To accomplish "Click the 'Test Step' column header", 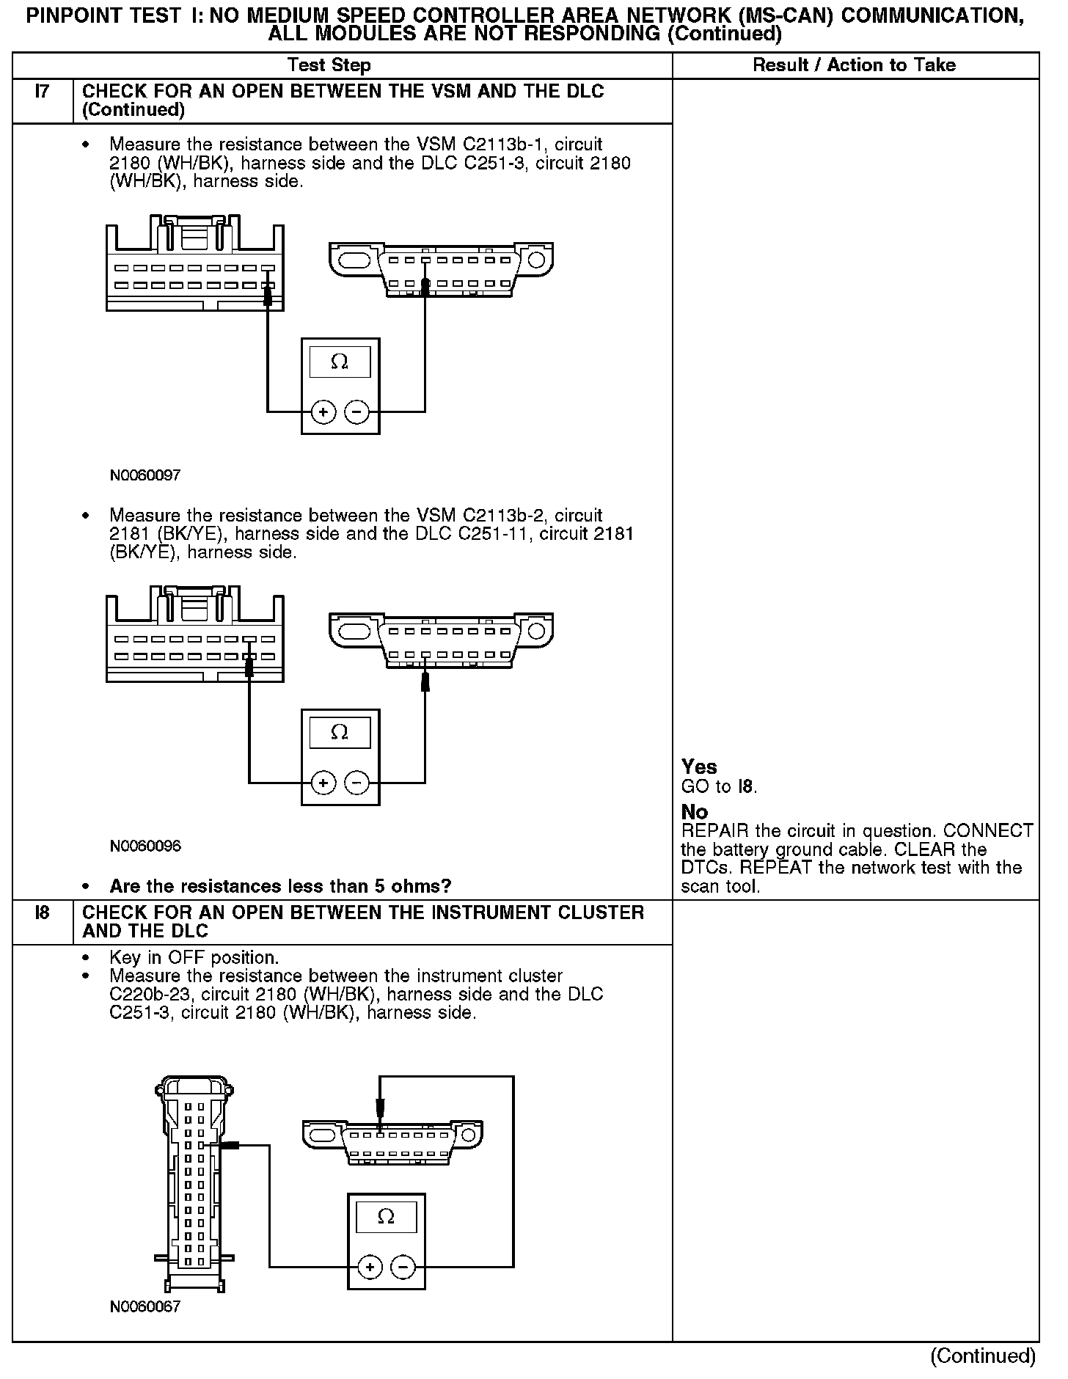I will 329,65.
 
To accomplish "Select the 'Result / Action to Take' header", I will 855,65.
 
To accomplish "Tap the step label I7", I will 43,92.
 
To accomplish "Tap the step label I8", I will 43,913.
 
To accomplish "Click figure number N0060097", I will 145,475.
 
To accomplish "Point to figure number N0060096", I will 145,846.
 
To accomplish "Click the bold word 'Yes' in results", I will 699,767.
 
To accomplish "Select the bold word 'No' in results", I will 695,812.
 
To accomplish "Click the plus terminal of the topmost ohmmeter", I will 323,412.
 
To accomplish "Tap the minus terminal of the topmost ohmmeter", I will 356,412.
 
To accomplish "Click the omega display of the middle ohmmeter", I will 340,733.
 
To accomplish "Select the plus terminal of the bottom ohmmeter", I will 370,1267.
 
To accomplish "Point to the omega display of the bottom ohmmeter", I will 386,1217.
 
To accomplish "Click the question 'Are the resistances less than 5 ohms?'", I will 280,886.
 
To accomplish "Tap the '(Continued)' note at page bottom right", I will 983,1356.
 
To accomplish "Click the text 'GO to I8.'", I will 719,787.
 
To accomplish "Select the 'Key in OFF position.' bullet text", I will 194,958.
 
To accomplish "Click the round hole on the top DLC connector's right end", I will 536,260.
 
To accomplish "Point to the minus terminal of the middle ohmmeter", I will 356,783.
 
